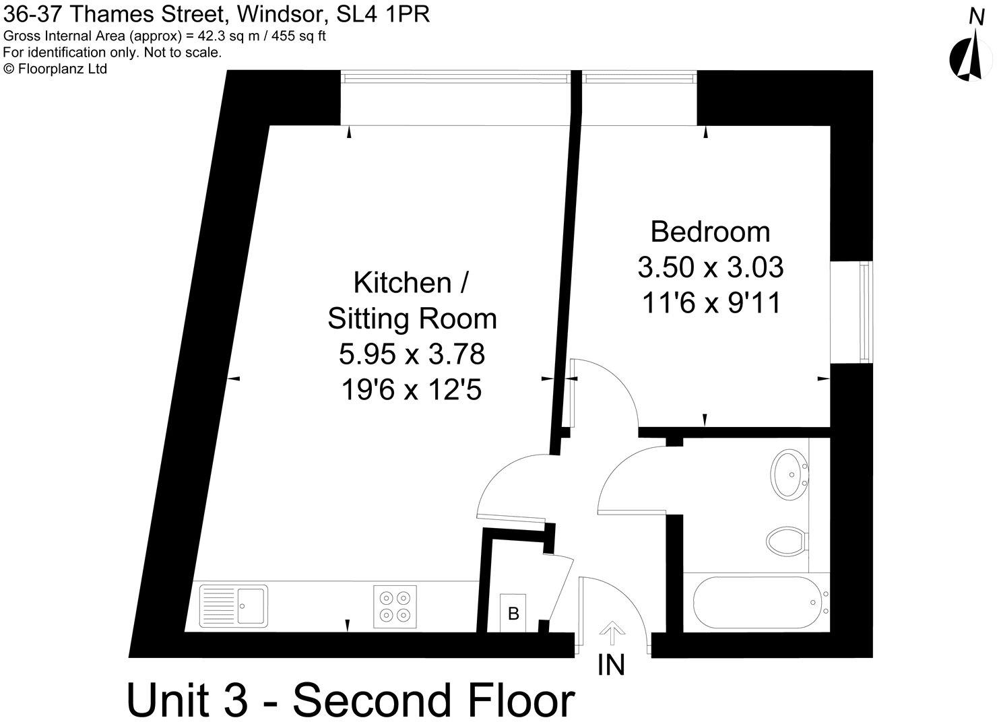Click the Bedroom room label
(710, 232)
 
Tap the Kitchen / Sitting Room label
(412, 301)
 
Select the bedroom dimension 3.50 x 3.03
(710, 267)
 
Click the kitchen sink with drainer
(234, 606)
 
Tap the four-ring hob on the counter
(395, 606)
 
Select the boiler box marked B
(513, 613)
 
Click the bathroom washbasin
(789, 475)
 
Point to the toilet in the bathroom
(786, 541)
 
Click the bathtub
(761, 602)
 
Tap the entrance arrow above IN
(612, 633)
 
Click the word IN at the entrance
(611, 665)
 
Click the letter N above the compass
(977, 17)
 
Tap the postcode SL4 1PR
(383, 14)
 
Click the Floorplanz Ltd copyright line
(55, 69)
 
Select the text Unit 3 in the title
(187, 700)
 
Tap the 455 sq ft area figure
(298, 36)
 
